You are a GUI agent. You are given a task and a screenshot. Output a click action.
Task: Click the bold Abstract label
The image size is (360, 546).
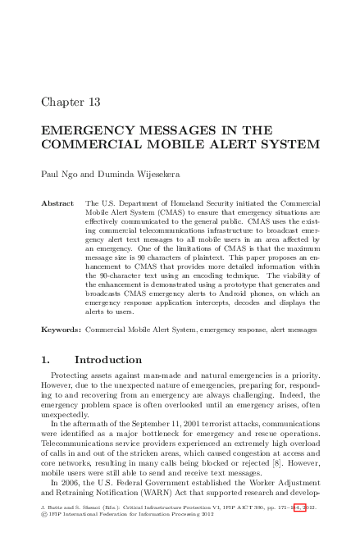pyautogui.click(x=58, y=202)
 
